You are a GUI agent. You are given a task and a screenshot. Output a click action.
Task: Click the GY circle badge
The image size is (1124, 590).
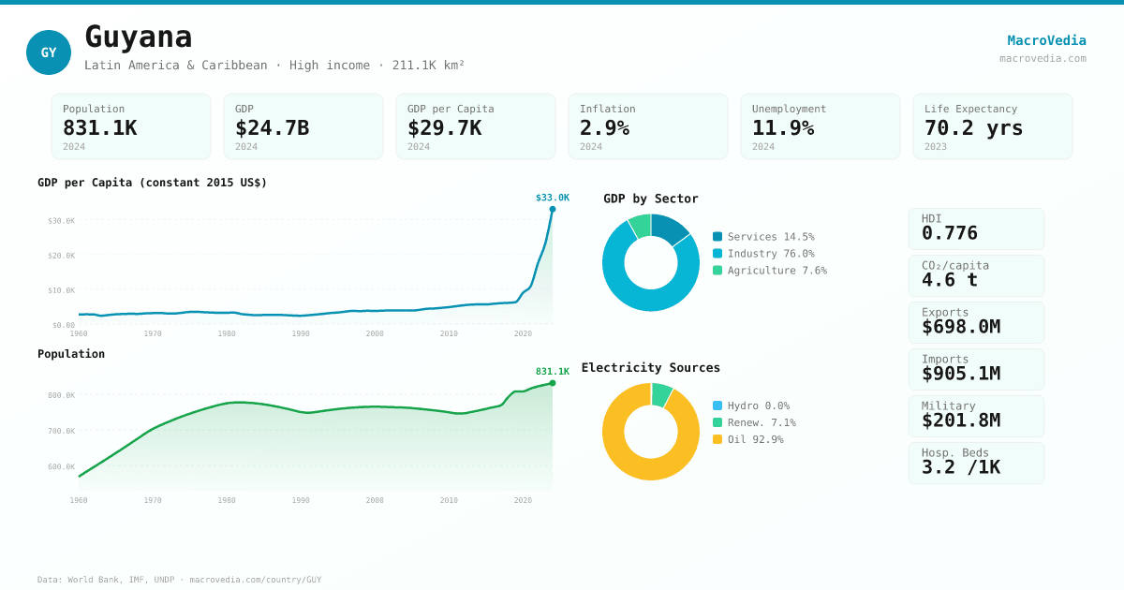49,52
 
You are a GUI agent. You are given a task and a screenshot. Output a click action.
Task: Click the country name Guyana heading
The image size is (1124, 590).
139,37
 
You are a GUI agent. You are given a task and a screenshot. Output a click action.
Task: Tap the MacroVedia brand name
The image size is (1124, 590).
1046,40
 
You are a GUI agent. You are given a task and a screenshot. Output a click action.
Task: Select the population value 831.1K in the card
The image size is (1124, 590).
100,128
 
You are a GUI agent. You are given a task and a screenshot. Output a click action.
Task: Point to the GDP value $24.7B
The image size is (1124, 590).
272,128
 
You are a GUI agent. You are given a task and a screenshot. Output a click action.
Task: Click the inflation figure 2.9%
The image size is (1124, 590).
604,128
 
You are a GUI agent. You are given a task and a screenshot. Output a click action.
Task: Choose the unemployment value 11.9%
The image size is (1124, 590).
783,128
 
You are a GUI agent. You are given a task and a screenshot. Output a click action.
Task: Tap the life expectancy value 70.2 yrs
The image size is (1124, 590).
973,128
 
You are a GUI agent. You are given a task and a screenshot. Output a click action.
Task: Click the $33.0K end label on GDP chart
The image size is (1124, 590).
552,198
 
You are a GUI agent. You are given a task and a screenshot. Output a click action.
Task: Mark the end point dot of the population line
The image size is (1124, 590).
553,383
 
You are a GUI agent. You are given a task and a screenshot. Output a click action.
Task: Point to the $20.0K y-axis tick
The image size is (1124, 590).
62,256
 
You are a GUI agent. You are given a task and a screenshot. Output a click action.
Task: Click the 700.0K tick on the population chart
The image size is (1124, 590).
62,431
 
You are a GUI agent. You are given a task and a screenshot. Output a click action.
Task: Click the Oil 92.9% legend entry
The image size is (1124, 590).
754,439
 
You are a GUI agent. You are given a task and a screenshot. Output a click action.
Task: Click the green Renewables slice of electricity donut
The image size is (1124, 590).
661,394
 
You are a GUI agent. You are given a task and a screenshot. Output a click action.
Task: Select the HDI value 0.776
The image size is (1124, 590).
950,233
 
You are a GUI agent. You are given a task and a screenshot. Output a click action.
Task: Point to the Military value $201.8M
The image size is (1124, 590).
961,420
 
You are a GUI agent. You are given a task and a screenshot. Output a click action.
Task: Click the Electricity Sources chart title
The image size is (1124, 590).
651,368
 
